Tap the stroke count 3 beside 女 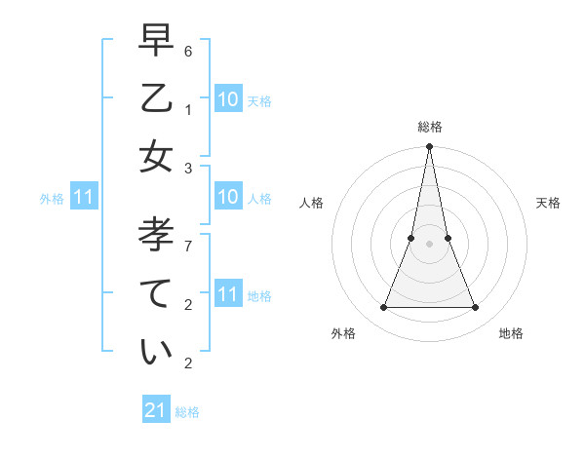(188, 169)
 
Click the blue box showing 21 (156, 410)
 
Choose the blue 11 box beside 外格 (84, 198)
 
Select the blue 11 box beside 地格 (227, 294)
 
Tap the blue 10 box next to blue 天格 (227, 99)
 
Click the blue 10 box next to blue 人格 (227, 198)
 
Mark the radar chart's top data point (429, 146)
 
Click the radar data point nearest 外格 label (383, 308)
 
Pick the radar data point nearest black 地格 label (476, 308)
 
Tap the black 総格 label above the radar (429, 127)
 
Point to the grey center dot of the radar (429, 244)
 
